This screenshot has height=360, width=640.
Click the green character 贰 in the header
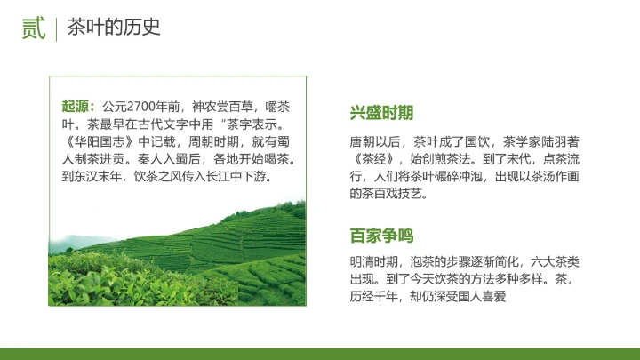(x=34, y=28)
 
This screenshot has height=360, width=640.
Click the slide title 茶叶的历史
(x=114, y=28)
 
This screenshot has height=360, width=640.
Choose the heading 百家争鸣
(x=382, y=236)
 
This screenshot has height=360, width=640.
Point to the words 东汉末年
(x=100, y=176)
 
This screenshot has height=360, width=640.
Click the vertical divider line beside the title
(x=57, y=28)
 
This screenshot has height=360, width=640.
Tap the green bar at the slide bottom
(x=320, y=354)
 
